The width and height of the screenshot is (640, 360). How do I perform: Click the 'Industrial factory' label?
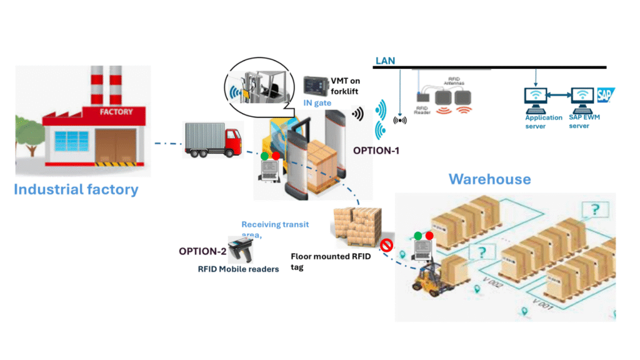click(76, 189)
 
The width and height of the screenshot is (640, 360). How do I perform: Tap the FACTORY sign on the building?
click(116, 112)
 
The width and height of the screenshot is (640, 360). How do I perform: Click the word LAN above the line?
click(384, 61)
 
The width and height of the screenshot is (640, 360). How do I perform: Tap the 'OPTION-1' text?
click(376, 151)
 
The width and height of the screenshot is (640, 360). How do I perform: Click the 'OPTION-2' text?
click(202, 251)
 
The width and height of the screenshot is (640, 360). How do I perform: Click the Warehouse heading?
click(489, 179)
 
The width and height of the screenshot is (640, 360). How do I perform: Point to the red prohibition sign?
click(386, 246)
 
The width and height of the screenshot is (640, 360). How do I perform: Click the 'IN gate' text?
click(317, 102)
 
